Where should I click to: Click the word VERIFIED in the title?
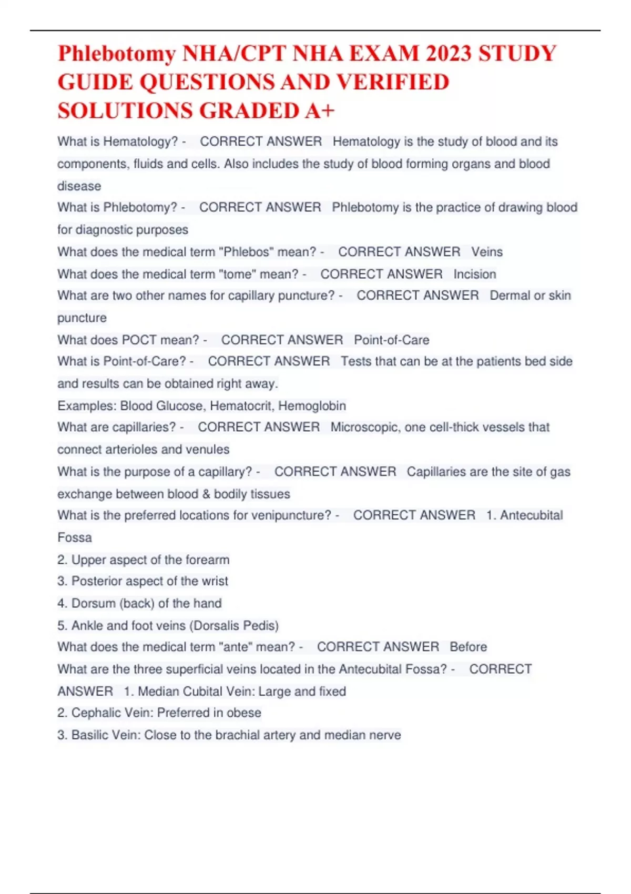[392, 83]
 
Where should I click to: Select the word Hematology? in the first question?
[140, 141]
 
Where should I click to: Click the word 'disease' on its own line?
[79, 186]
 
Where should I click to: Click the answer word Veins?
[487, 252]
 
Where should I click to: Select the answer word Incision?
[475, 274]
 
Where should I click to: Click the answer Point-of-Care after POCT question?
[391, 340]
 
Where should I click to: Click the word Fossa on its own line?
[75, 537]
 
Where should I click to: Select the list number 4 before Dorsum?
[62, 603]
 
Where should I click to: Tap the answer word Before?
[468, 647]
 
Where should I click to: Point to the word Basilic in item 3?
[90, 735]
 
